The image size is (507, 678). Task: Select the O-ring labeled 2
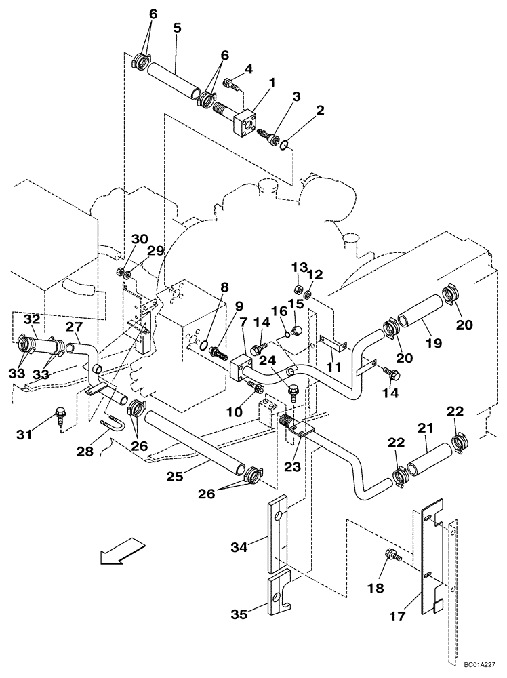[x=287, y=144]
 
